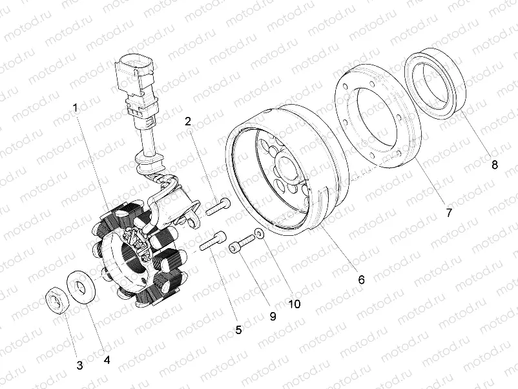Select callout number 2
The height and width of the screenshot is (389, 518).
click(x=188, y=121)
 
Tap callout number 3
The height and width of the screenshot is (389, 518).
click(x=79, y=365)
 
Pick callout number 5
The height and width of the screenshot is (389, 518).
click(x=238, y=330)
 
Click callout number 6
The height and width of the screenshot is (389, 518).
click(x=361, y=279)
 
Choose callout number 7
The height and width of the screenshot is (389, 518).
click(x=449, y=211)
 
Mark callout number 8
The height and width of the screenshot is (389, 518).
click(x=495, y=165)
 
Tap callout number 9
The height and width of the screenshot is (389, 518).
click(x=273, y=316)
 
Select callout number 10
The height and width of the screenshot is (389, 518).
click(x=295, y=302)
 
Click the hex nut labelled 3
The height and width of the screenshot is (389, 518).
click(x=57, y=300)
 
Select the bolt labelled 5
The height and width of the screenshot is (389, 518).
click(x=212, y=242)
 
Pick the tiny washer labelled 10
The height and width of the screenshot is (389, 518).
click(x=258, y=234)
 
